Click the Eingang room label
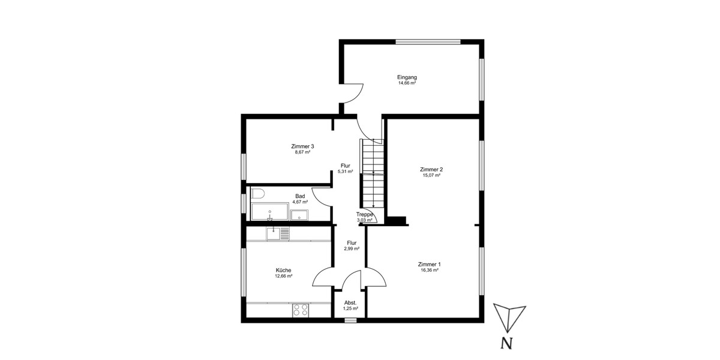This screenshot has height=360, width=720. coord(407,77)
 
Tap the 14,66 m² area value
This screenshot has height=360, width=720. coord(407,83)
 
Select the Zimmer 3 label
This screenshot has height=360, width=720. coord(302,146)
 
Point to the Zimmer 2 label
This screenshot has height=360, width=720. coord(431,169)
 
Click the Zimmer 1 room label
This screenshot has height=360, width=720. coord(430,264)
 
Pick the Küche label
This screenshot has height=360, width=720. coord(284,270)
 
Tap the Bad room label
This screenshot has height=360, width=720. coord(301,196)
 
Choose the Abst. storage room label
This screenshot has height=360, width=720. coord(350,302)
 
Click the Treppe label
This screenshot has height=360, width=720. coord(365,214)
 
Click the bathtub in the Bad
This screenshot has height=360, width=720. coord(269,212)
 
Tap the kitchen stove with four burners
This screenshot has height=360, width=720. coord(300,310)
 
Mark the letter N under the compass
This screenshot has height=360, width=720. coord(507,344)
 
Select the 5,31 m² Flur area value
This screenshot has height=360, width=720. coord(345,172)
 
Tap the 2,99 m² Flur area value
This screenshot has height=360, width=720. coord(352,248)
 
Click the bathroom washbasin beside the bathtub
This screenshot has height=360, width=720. coord(299,215)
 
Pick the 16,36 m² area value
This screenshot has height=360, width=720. coord(430,271)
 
